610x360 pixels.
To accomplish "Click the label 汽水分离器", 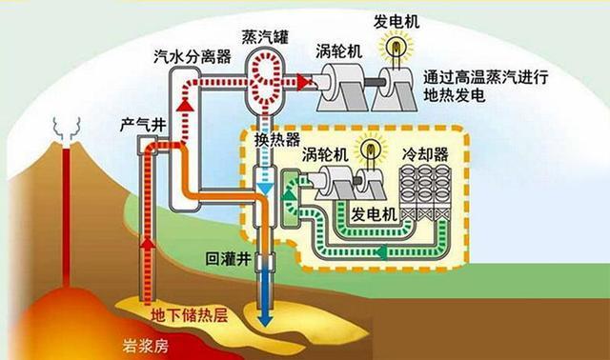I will [x=193, y=56].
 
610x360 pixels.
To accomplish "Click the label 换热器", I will [x=273, y=140].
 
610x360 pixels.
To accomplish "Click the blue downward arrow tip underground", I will [x=264, y=323].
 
